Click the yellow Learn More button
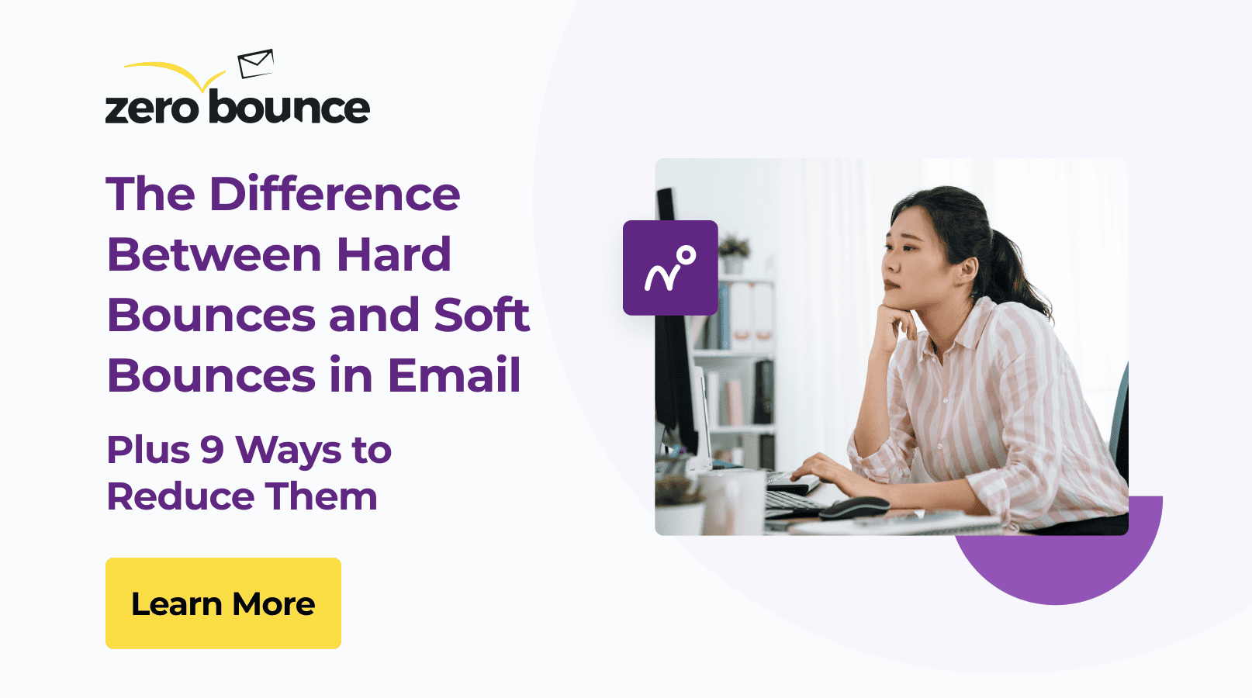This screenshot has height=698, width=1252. click(223, 603)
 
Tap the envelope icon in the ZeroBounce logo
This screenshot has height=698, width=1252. click(255, 64)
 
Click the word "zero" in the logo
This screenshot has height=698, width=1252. click(152, 109)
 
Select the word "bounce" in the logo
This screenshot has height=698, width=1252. click(289, 108)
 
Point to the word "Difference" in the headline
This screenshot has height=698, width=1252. click(334, 194)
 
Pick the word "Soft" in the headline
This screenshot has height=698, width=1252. click(481, 315)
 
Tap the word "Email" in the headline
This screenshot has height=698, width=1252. click(454, 375)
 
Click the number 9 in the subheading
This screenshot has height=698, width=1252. click(212, 450)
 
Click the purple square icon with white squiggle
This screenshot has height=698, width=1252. click(670, 268)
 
